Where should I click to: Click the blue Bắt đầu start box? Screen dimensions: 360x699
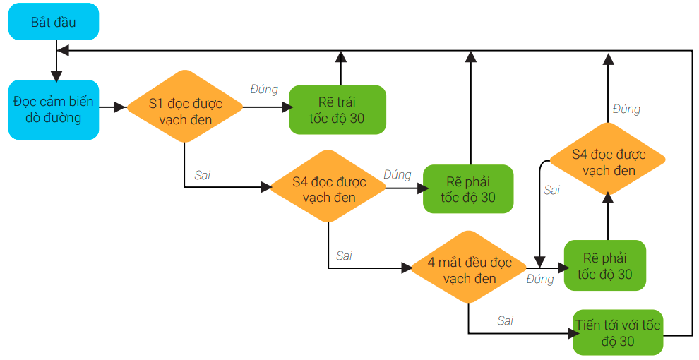53,22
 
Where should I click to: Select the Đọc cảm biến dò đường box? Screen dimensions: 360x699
53,109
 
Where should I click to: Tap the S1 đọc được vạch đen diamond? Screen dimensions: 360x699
185,111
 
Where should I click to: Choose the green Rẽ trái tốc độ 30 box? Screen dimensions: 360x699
337,109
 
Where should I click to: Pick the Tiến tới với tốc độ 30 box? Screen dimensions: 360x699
618,333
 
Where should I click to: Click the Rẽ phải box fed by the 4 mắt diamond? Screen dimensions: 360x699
604,265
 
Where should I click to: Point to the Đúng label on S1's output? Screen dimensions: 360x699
264,90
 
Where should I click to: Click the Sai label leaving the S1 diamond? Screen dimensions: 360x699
202,175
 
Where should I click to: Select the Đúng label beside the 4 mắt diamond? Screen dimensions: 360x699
540,280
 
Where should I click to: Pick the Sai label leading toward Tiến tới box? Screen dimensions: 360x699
505,320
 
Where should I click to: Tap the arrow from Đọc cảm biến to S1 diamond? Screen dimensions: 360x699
112,108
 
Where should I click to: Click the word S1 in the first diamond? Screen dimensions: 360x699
157,103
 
